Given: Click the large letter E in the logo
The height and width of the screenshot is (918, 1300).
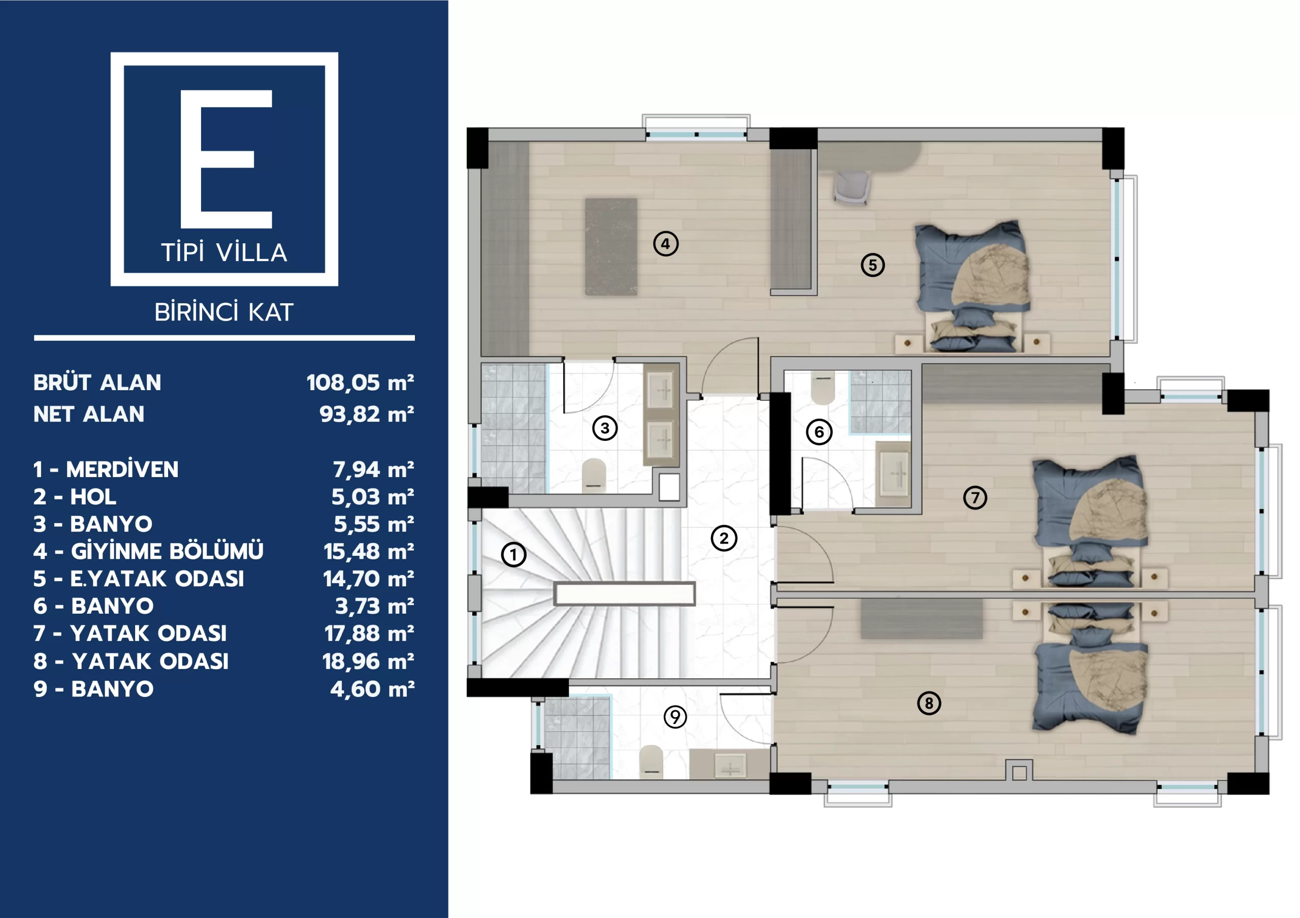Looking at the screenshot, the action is coord(226,159).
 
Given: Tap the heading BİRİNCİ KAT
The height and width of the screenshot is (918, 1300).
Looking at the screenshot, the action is coord(224,312).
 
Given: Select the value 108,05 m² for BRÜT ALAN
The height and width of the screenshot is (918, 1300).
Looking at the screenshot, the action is coord(360,383).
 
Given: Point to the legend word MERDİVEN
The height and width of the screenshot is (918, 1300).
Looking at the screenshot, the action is coord(122,469).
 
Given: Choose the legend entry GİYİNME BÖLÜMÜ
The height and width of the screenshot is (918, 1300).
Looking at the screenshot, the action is coord(167,552).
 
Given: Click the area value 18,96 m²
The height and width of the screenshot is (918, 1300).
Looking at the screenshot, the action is coord(368,661).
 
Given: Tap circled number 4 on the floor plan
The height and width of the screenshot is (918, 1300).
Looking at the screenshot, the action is coord(666,243).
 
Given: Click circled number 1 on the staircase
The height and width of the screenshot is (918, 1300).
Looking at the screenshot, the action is coord(513,554).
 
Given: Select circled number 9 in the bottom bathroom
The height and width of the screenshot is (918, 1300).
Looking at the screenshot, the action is coord(675,717).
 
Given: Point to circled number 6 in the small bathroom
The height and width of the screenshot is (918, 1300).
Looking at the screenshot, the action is coord(819,432).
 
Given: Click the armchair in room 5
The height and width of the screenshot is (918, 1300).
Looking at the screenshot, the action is coord(852,187).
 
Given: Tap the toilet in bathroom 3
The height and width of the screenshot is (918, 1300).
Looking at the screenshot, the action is coord(594,475).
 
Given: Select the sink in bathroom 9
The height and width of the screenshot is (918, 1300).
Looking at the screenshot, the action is coord(730,766).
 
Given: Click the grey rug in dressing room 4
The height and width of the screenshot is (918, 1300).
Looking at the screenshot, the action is coord(611,246).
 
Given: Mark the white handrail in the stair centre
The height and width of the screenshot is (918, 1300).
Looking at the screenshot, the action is coord(625,594).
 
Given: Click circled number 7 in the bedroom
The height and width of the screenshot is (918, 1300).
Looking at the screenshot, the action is coord(975,498).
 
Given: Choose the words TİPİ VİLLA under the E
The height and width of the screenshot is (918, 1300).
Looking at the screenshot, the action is coord(224,252).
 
